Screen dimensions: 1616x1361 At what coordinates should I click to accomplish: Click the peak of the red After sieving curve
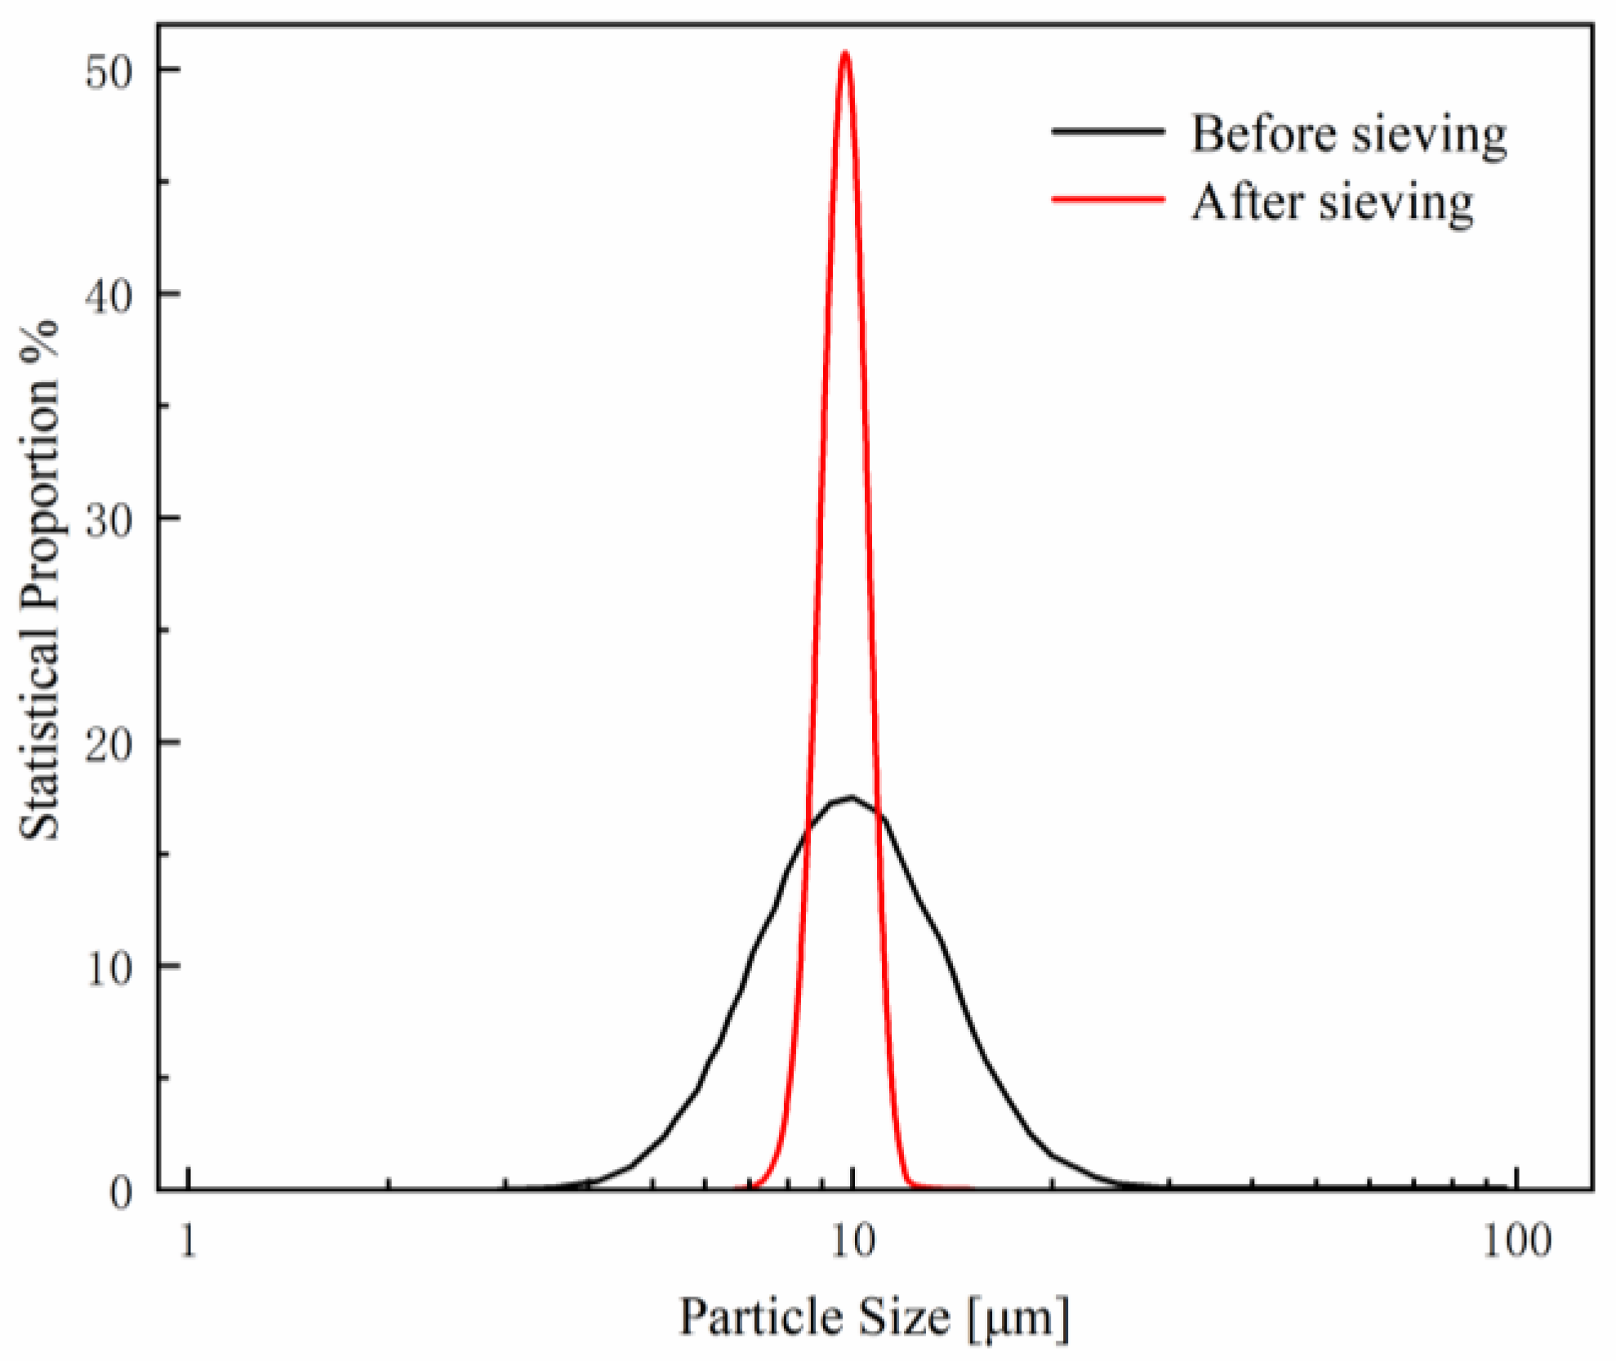845,53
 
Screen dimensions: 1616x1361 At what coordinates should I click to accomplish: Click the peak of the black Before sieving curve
852,797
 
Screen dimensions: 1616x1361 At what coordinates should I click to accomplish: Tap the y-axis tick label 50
109,72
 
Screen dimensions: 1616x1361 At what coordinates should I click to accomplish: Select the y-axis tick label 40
109,296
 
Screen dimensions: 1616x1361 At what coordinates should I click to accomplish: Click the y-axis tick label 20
109,744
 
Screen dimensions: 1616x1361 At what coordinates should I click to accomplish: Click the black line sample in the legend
1108,131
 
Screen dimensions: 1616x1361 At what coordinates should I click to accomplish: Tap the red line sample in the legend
1108,198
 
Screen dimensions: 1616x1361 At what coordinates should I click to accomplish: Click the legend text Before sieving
1349,134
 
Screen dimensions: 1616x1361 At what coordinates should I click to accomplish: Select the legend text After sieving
1333,202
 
